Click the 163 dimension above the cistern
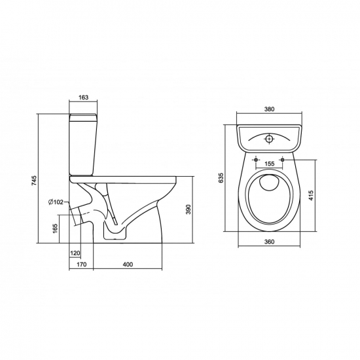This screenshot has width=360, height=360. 83,98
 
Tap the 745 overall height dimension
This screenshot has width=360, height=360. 34,181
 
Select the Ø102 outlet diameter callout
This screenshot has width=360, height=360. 56,202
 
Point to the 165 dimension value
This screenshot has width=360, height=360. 55,228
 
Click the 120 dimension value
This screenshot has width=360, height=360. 75,253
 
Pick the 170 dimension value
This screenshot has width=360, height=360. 82,264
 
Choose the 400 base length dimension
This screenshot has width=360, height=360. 128,264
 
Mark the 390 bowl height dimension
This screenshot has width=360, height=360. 189,209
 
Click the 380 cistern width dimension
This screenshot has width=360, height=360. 269,109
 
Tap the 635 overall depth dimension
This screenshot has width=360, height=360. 221,178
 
